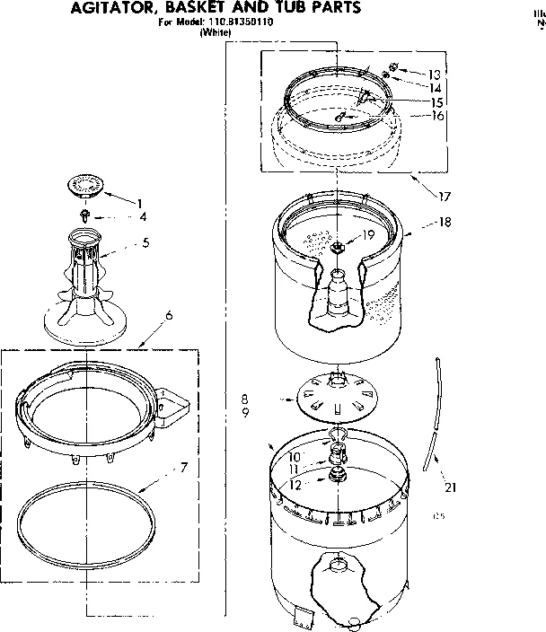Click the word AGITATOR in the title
[111, 8]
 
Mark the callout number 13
[435, 75]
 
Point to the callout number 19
[368, 237]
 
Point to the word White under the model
[216, 32]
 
